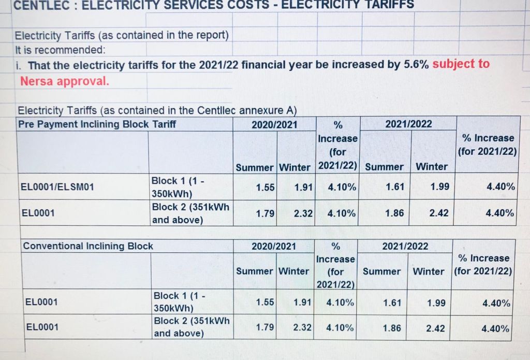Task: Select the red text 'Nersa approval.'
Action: (65, 81)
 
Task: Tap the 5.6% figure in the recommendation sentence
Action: (416, 65)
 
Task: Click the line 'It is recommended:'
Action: (60, 50)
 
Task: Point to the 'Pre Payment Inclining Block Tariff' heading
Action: (97, 124)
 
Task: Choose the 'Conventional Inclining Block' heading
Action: (87, 246)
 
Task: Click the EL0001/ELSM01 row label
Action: (57, 187)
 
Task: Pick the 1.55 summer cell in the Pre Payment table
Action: (265, 188)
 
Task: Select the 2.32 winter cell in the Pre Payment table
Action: (303, 213)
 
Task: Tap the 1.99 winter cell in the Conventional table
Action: (436, 303)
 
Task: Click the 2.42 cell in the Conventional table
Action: (435, 328)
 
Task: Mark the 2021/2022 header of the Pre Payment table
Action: (408, 124)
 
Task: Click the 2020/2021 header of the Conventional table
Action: (274, 246)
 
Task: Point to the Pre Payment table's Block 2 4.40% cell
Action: (500, 213)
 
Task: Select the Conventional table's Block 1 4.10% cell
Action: (340, 303)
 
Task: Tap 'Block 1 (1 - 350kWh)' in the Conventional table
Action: (179, 302)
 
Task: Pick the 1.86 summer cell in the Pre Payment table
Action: (394, 213)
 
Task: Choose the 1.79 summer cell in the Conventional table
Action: (265, 327)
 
